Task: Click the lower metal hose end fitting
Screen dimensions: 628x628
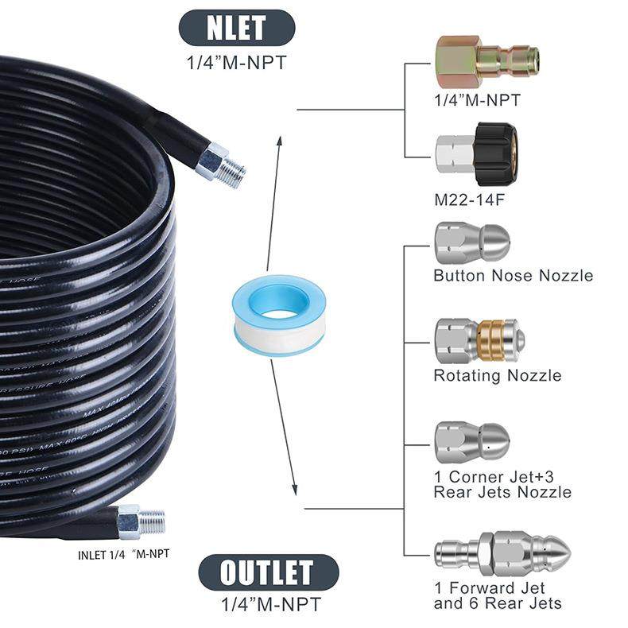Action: coord(141,521)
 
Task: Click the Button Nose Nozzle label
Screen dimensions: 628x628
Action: coord(513,276)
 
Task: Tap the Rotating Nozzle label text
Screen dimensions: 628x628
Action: coord(497,375)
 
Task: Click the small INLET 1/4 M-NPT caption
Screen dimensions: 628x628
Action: coord(123,554)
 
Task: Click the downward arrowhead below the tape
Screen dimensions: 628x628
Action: coord(294,487)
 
